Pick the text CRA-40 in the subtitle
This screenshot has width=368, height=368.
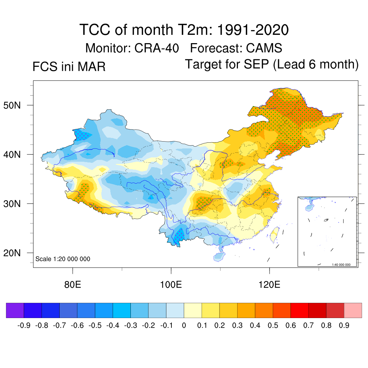(157, 48)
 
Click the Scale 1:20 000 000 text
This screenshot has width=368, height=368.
(63, 259)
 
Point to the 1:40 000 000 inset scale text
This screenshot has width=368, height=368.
(343, 265)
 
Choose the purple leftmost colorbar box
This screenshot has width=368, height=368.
(15, 310)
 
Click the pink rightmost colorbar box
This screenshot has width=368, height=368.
(353, 310)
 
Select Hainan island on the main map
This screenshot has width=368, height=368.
(219, 256)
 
